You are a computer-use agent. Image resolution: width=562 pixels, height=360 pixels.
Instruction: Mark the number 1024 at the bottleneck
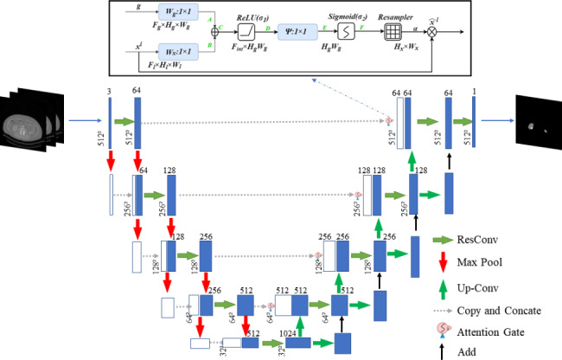tap(289, 333)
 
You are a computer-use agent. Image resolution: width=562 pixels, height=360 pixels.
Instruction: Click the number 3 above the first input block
tap(110, 92)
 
